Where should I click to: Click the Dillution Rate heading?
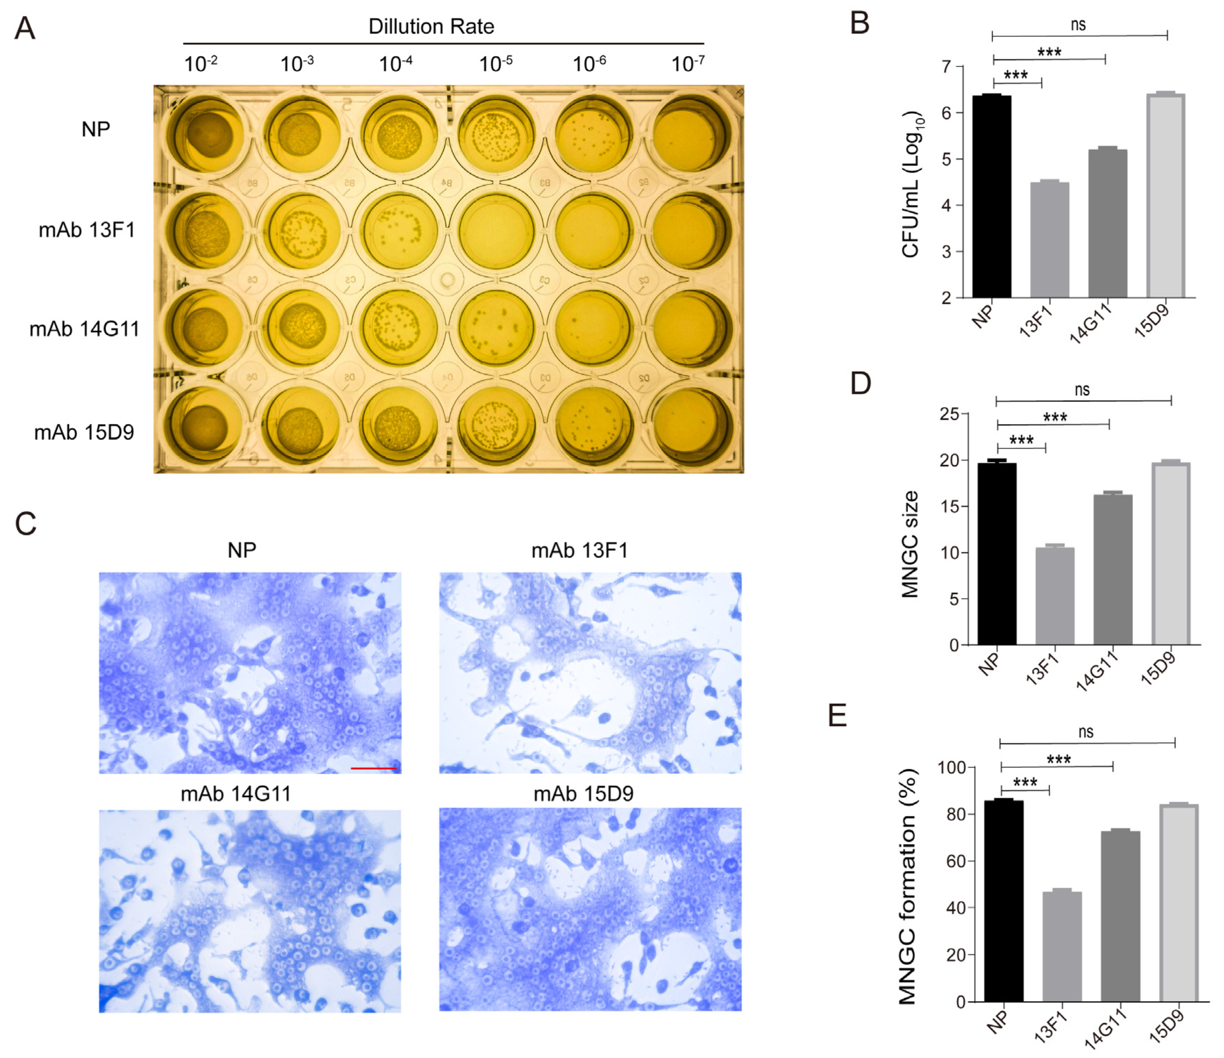click(x=431, y=27)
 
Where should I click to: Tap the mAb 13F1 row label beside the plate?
click(x=87, y=229)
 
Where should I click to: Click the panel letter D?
click(x=860, y=383)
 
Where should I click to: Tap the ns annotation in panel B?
click(x=1078, y=25)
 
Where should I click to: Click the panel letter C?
click(x=26, y=523)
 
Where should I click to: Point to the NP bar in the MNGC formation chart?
click(x=1004, y=901)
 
